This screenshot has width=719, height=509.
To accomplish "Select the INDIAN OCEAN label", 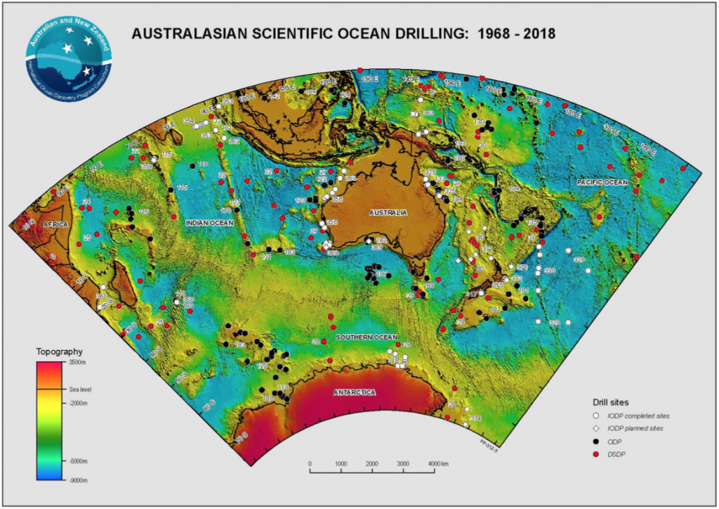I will (x=209, y=223).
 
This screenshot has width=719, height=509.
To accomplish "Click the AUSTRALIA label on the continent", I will (x=388, y=212).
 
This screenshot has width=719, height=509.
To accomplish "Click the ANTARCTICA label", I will (x=354, y=392).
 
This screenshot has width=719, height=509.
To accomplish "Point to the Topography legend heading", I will (x=60, y=351).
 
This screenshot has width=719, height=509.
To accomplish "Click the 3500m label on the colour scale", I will (x=78, y=361).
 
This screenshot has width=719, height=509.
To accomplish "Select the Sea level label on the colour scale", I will (x=80, y=388).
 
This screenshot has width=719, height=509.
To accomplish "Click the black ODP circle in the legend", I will (x=595, y=441).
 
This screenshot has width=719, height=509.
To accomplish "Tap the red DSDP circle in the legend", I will (x=595, y=454).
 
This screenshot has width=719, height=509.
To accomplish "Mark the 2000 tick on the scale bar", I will (x=372, y=464).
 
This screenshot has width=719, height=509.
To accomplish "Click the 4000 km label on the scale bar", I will (x=438, y=464).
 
